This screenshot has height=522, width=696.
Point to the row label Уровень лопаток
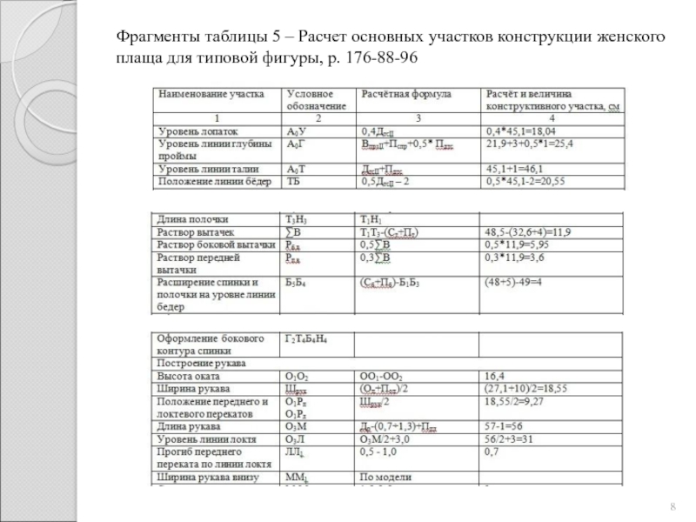pos(192,130)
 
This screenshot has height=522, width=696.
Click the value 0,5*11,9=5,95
pos(517,245)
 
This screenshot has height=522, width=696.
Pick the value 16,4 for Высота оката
pos(495,375)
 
